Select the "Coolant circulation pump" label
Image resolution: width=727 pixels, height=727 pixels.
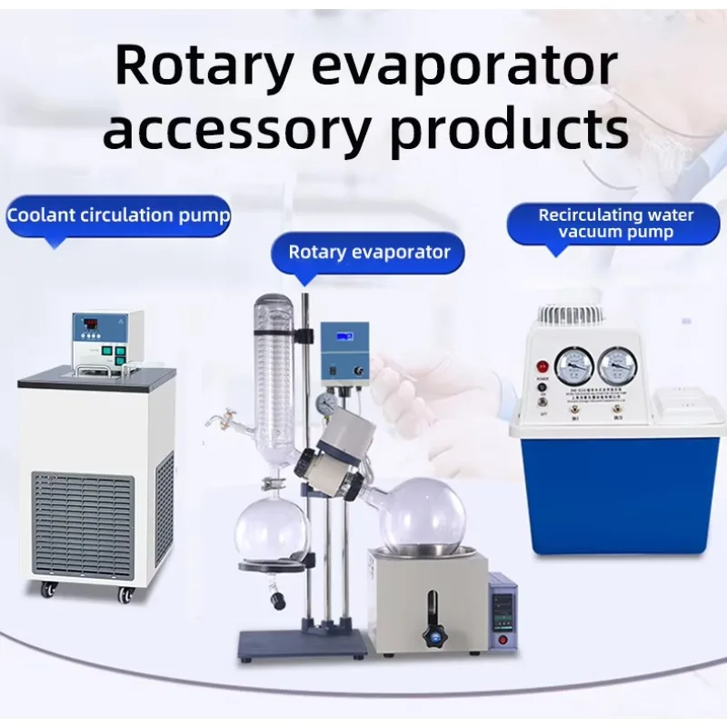pyautogui.click(x=118, y=216)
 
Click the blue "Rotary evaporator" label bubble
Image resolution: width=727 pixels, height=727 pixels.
pyautogui.click(x=369, y=252)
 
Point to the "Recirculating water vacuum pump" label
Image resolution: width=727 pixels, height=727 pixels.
pyautogui.click(x=616, y=224)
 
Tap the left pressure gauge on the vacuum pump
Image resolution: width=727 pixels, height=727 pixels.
pyautogui.click(x=574, y=364)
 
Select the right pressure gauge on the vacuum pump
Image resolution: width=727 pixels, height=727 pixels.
pyautogui.click(x=618, y=364)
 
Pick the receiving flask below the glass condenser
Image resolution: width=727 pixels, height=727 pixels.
pyautogui.click(x=272, y=530)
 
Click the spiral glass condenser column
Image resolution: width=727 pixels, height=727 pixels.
pyautogui.click(x=274, y=363)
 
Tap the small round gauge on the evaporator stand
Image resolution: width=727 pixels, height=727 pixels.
pyautogui.click(x=326, y=401)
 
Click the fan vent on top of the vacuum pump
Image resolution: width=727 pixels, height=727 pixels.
pyautogui.click(x=571, y=315)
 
